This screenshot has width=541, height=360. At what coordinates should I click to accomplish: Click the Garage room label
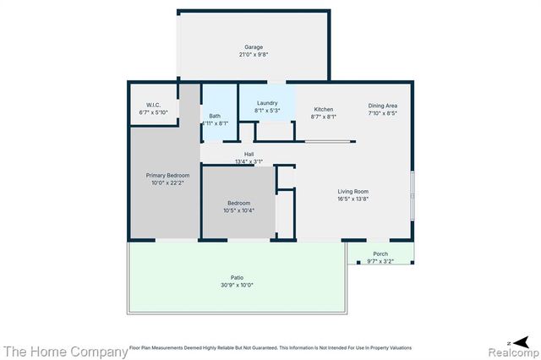254,47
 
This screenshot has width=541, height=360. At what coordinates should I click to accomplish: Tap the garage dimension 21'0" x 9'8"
254,55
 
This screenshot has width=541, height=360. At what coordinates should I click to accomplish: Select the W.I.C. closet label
153,105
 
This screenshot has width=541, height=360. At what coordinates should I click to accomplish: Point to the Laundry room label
267,102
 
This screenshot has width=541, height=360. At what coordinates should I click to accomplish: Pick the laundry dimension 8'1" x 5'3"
267,110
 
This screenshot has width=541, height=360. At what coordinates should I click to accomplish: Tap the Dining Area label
382,105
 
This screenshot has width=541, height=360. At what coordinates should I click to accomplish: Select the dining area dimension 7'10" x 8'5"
382,112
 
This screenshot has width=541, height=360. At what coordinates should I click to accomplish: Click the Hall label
249,154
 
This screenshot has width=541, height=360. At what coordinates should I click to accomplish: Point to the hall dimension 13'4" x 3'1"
249,161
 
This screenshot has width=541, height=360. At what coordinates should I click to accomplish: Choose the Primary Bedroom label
167,175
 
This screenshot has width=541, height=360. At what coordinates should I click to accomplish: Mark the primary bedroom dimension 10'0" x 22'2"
167,183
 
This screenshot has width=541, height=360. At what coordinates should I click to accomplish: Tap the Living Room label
353,191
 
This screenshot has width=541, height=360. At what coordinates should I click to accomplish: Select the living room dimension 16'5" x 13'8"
353,199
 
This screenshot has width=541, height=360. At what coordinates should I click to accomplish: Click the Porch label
380,254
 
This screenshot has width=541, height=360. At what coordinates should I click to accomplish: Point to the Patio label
238,277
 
